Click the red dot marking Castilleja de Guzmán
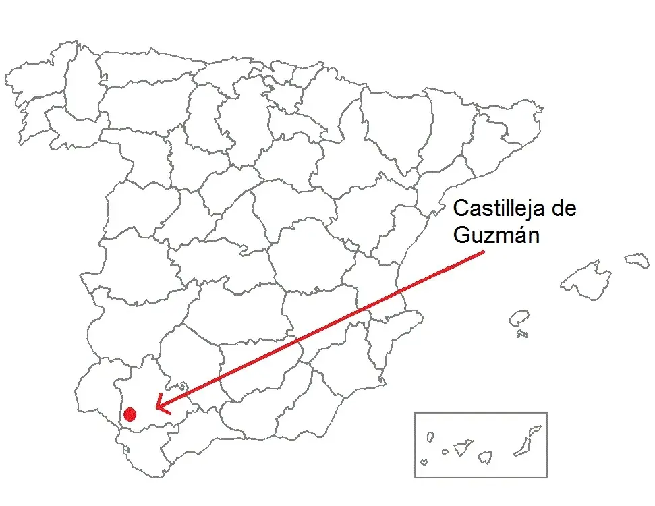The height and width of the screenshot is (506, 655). (x=130, y=414)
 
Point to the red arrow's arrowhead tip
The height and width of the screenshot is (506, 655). (x=156, y=408)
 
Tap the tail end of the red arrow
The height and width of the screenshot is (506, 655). (x=484, y=253)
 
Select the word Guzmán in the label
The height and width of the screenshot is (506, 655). (x=496, y=236)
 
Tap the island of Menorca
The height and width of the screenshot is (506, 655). (x=637, y=260)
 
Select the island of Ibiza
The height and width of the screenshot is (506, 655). (x=519, y=318)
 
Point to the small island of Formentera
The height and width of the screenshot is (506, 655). (x=522, y=333)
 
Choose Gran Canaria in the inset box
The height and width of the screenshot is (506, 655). (x=485, y=457)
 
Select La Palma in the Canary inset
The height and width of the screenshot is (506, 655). (x=430, y=437)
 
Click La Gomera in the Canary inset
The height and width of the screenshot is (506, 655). (x=445, y=452)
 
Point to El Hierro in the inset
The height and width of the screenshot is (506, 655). (x=424, y=462)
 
